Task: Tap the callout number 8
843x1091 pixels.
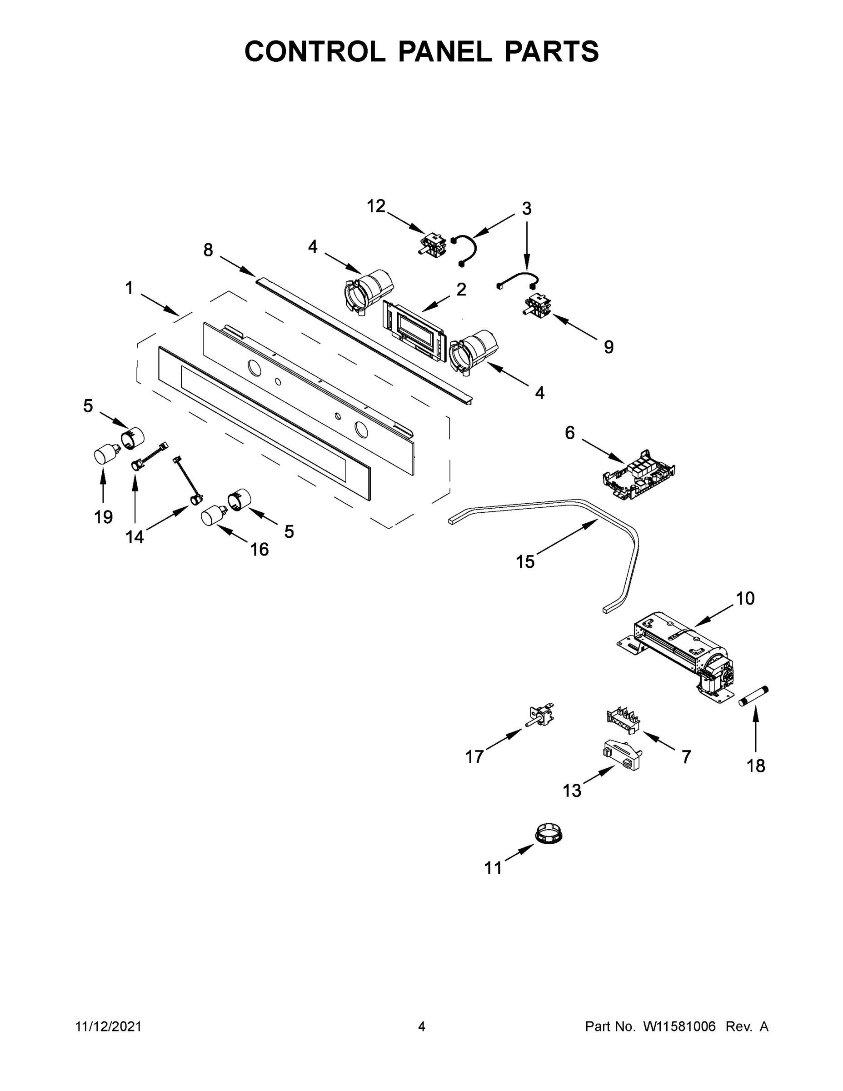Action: (208, 250)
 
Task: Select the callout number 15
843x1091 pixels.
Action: (525, 562)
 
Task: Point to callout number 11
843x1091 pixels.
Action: (494, 868)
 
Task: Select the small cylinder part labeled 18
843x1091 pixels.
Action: (753, 696)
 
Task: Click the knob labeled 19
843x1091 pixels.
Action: (105, 455)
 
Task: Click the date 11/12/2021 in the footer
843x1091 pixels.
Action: (108, 1027)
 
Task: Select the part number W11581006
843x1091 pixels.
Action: (679, 1027)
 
